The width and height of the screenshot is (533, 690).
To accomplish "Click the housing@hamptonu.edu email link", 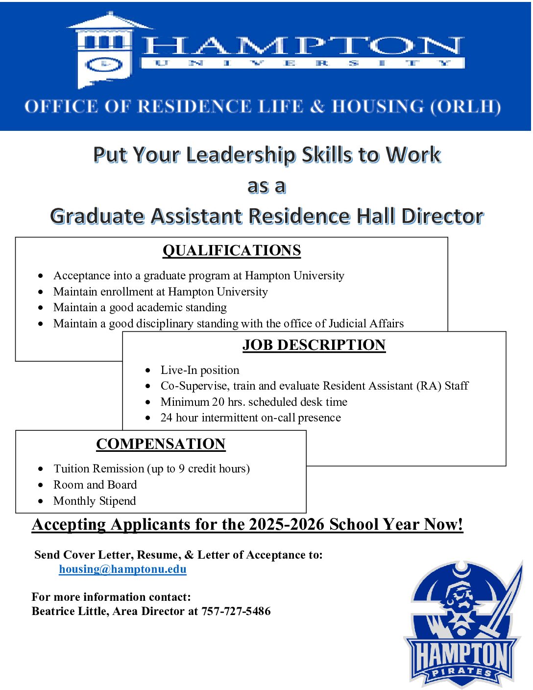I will (122, 569).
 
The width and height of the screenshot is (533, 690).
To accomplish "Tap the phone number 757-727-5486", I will (236, 611).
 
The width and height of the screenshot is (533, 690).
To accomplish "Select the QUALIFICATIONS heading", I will (232, 250).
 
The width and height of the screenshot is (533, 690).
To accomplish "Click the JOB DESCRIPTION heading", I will (314, 345).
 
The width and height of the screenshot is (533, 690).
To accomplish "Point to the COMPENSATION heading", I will (161, 444).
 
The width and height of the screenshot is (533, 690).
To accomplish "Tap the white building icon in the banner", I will (105, 51).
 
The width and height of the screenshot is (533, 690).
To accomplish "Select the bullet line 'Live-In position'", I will (200, 370).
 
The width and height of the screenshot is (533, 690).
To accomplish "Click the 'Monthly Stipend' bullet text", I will (95, 501).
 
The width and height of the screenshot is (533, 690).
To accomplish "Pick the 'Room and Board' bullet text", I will (95, 485).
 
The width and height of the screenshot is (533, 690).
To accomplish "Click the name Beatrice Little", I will (70, 611).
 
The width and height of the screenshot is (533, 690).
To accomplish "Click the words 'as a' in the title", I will (266, 186).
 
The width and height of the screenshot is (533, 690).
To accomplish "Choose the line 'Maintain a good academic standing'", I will (140, 307).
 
